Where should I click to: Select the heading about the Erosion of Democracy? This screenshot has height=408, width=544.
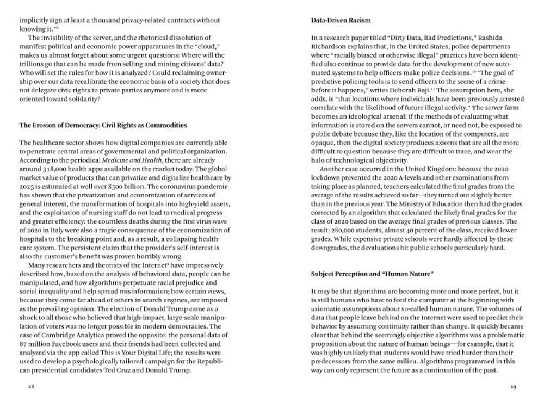tap(103, 125)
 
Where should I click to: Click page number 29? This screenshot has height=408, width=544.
tap(512, 387)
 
